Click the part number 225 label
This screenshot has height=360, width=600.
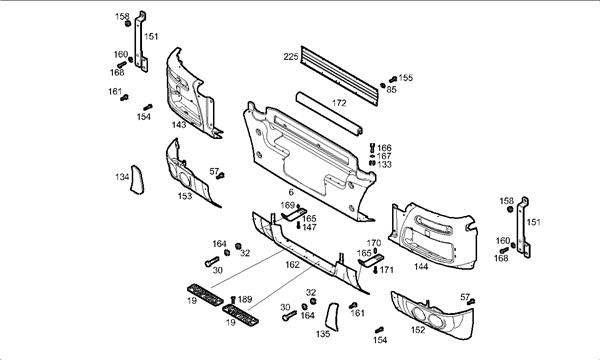[291, 57]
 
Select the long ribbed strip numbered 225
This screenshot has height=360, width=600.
[339, 75]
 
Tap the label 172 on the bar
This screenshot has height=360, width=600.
[339, 103]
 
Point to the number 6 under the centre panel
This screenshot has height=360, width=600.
[291, 192]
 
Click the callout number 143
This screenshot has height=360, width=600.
[179, 125]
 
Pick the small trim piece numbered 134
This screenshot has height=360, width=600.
[137, 180]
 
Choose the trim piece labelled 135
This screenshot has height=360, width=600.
[332, 317]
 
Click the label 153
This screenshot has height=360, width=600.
[185, 196]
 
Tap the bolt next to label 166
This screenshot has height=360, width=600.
[372, 147]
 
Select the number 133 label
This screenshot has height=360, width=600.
[385, 165]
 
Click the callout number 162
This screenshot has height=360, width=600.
[292, 265]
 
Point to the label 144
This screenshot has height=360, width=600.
[421, 266]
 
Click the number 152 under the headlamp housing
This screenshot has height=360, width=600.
[418, 330]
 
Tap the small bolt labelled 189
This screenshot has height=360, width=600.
[233, 300]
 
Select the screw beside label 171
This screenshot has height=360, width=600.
[375, 270]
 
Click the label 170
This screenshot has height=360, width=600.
[374, 243]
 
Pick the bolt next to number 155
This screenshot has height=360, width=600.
[393, 80]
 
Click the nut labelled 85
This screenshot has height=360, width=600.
[383, 85]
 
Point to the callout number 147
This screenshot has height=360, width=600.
[309, 227]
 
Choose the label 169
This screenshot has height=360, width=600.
[288, 205]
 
